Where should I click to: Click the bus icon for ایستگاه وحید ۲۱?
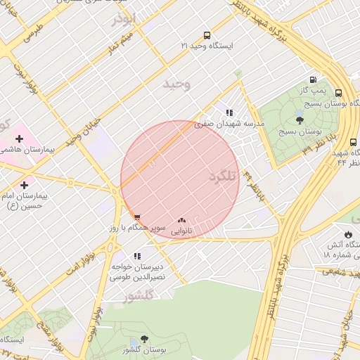207,35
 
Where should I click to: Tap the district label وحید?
177,84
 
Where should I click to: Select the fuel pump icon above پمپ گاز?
312,80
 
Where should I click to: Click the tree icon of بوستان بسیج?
300,120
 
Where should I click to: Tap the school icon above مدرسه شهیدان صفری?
229,112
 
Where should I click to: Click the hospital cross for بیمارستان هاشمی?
19,139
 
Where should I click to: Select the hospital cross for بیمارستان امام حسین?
25,184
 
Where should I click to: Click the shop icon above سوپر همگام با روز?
136,217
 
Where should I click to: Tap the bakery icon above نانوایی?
182,220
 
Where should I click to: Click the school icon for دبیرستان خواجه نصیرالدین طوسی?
136,256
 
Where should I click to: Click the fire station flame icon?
347,233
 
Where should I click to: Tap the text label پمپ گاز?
311,92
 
